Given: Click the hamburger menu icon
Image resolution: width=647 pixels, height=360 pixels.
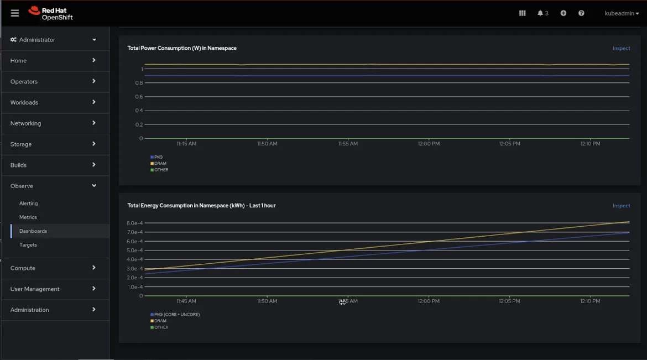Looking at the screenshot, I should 15,13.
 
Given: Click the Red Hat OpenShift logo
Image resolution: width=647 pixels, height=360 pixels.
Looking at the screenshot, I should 51,13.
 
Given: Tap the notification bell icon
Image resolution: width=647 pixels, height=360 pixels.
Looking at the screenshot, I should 540,13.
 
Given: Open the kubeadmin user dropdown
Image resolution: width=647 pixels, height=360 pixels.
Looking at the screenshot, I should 622,13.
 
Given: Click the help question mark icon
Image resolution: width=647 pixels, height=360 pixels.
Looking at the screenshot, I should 581,13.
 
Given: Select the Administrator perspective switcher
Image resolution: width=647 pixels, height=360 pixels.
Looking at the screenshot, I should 53,40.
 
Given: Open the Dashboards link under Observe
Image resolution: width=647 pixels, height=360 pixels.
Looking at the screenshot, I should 33,231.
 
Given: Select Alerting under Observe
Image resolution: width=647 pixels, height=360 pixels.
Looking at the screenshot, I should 29,204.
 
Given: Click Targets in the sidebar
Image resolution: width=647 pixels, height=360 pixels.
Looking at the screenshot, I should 28,245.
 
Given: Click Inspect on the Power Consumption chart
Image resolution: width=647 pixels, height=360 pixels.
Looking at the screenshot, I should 621,48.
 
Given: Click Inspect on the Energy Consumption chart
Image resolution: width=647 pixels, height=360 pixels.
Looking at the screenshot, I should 621,206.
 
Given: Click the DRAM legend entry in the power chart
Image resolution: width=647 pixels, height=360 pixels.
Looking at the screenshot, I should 160,164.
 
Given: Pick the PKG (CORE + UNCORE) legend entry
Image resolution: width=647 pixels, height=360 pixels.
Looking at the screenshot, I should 176,315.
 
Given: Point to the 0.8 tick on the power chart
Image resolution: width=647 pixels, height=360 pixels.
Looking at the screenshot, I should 139,83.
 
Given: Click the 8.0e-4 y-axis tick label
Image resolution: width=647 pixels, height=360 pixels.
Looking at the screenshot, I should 135,223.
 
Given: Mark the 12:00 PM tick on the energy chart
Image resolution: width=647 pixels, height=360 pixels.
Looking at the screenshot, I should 429,301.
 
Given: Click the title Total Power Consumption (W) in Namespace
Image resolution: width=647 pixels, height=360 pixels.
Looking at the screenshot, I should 182,48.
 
